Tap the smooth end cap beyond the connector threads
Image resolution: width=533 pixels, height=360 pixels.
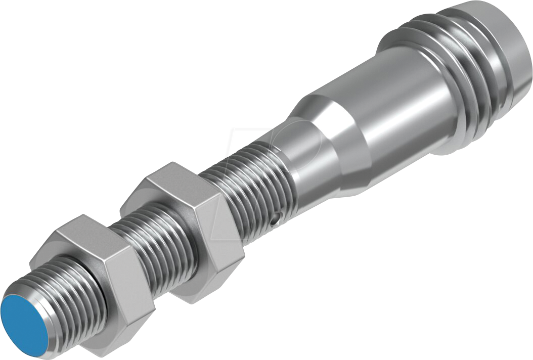click(506, 40)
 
